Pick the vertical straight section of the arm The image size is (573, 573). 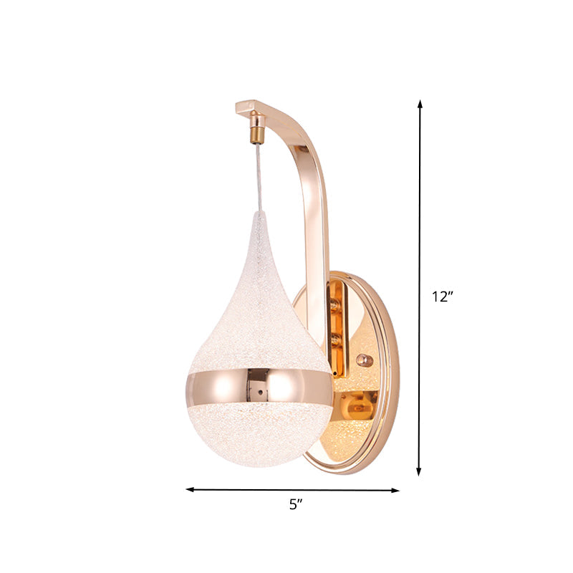tap(317, 251)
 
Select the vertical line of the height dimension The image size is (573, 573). tap(420, 215)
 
